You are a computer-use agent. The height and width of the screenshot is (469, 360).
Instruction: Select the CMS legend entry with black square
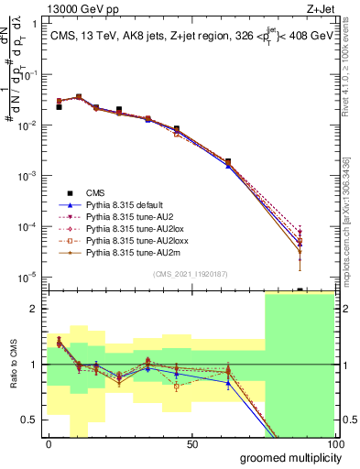pos(95,192)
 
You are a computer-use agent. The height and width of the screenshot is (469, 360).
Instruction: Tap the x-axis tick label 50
pos(192,443)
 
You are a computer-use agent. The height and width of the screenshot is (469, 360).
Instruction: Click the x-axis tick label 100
pos(334,443)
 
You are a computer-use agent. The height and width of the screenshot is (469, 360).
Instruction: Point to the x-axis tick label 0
pos(49,443)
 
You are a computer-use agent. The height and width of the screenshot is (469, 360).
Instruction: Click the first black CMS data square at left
pos(59,107)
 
